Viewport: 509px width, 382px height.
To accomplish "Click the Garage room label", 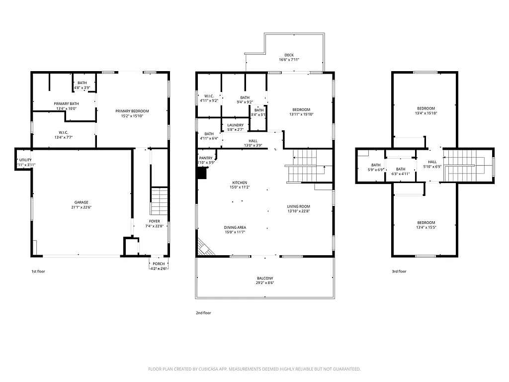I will coord(82,202).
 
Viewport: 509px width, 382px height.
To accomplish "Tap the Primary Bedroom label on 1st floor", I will coord(132,111).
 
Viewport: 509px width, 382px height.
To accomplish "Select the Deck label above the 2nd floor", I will coord(289,55).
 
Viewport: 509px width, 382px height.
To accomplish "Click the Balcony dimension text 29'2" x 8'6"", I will coord(265,283).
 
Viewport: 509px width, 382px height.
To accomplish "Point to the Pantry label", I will coord(206,158).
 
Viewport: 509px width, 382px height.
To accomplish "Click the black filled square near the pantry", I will coord(202,173).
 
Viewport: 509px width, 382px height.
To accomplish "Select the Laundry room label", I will coord(236,125).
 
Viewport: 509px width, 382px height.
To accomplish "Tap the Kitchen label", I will coord(239,183).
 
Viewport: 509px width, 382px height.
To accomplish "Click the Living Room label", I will coord(298,206).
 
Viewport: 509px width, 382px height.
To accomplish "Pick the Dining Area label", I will coord(235,227).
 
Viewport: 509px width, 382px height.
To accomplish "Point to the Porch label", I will coord(159,264).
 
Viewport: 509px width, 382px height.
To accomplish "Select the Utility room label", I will coord(25,160).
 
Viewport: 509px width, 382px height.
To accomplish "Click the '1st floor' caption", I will coord(39,272).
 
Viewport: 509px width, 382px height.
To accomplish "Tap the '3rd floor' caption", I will coord(399,272).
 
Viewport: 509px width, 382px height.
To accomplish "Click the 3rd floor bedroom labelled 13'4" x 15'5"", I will coord(426,225).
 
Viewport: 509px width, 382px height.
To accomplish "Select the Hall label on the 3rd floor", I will coord(432,162).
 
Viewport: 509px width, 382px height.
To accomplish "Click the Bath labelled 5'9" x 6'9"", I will coord(376,167).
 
